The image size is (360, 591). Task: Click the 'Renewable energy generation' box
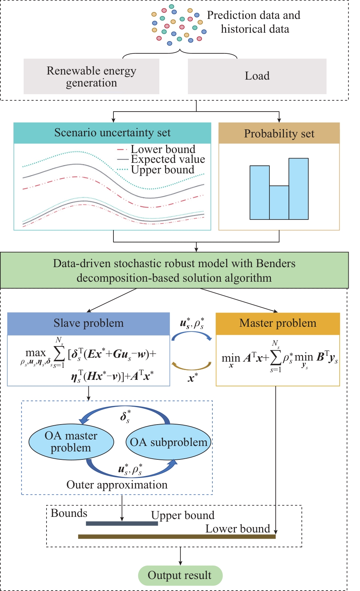coord(91,76)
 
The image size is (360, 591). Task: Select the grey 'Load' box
coord(257,76)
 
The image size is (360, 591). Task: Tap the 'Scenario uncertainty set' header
coord(112,133)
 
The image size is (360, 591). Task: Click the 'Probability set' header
coord(279,133)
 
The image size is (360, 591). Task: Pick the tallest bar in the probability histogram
coord(299,189)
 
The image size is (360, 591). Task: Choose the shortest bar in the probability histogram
coord(279,202)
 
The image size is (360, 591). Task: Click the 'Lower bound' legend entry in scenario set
coord(163,149)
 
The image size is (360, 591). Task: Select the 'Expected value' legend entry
coord(168,159)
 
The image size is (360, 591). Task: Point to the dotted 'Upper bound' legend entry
coord(163,170)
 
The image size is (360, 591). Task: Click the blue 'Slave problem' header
coord(89,323)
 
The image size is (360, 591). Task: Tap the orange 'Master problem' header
coord(278,323)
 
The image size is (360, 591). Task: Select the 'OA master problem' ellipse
coord(71,442)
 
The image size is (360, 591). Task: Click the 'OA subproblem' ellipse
coord(168,442)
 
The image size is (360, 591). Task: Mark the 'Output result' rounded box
coord(180,575)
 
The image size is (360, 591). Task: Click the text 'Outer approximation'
coord(117,485)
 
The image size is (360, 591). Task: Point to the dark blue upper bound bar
coord(122,523)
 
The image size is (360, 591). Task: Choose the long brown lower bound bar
coord(177,536)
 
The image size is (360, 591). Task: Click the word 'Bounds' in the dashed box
coord(69,513)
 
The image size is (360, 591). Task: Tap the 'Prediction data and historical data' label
coord(254,22)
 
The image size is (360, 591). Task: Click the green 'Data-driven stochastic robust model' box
coord(174,270)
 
